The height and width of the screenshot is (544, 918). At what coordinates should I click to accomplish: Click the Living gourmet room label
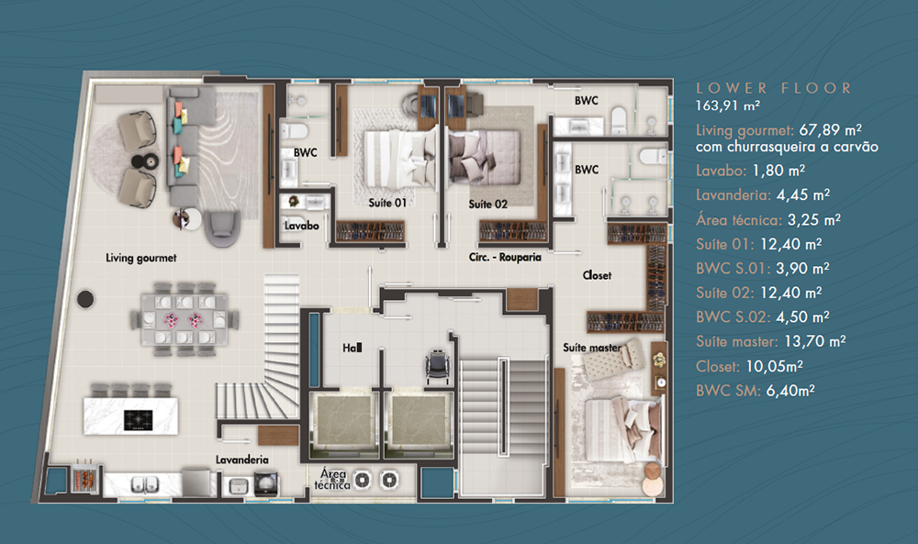coord(141,258)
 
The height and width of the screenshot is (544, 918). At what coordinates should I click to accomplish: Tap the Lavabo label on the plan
coord(301,226)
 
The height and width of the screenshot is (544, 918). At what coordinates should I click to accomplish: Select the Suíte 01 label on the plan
coord(387,203)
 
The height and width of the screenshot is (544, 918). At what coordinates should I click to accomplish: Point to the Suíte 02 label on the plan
coord(487,205)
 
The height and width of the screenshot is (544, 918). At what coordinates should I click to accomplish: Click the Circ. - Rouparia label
coord(505,257)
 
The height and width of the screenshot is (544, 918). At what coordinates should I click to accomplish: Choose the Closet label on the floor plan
coord(597,275)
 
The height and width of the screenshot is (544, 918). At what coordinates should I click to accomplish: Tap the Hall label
coord(352,348)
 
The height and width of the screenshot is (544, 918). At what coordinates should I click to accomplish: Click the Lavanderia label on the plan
coord(241,460)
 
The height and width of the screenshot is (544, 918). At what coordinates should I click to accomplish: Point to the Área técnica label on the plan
coord(332,479)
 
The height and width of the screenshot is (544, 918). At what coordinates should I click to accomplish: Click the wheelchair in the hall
coord(436,366)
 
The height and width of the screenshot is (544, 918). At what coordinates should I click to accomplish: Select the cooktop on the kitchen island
coord(139,419)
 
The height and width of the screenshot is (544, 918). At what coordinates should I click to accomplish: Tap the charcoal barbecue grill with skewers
coord(84,479)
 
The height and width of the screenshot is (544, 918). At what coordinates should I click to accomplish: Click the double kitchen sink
coord(144,485)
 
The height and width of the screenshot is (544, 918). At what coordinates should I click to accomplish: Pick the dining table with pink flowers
coord(184,320)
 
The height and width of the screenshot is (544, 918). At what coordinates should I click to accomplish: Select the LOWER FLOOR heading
coord(773,88)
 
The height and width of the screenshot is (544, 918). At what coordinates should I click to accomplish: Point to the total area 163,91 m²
coord(728,105)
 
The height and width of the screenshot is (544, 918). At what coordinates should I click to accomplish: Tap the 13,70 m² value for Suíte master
coord(814,341)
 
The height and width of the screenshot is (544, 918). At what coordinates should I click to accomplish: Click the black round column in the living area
coord(85,299)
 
